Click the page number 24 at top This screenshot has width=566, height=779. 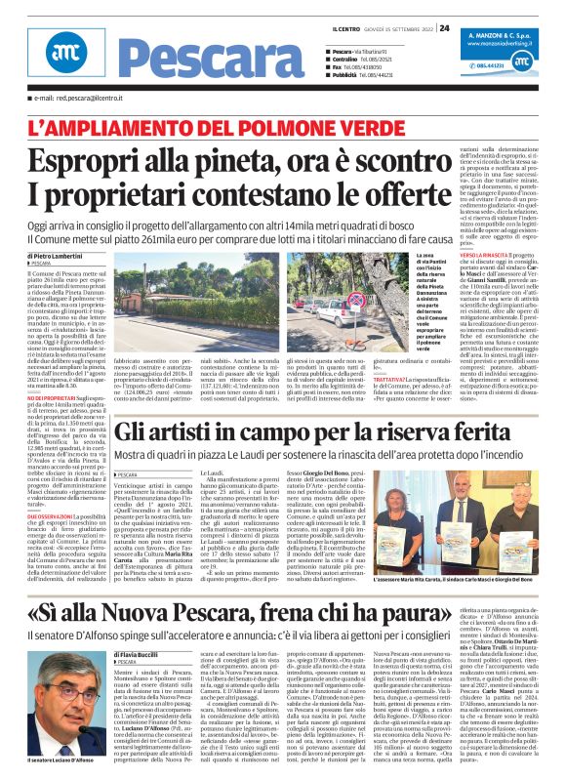(x=444, y=27)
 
